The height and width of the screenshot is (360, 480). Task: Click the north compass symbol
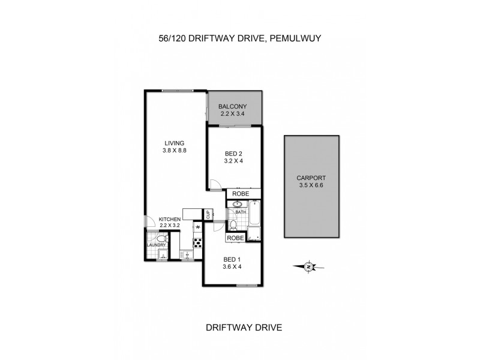point(308,266)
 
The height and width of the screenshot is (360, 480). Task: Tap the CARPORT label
point(310,178)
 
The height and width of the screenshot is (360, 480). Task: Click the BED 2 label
point(233,154)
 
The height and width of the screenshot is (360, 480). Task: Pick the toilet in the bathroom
point(233,225)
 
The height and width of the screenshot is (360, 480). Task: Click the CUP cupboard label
point(208,214)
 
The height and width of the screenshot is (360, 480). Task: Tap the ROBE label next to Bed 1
point(236,238)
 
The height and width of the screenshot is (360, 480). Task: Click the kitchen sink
point(188,256)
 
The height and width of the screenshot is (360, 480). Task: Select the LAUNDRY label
point(155,245)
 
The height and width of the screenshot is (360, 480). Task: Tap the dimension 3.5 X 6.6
point(310,185)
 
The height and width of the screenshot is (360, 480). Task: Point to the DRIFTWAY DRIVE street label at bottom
point(244,328)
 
